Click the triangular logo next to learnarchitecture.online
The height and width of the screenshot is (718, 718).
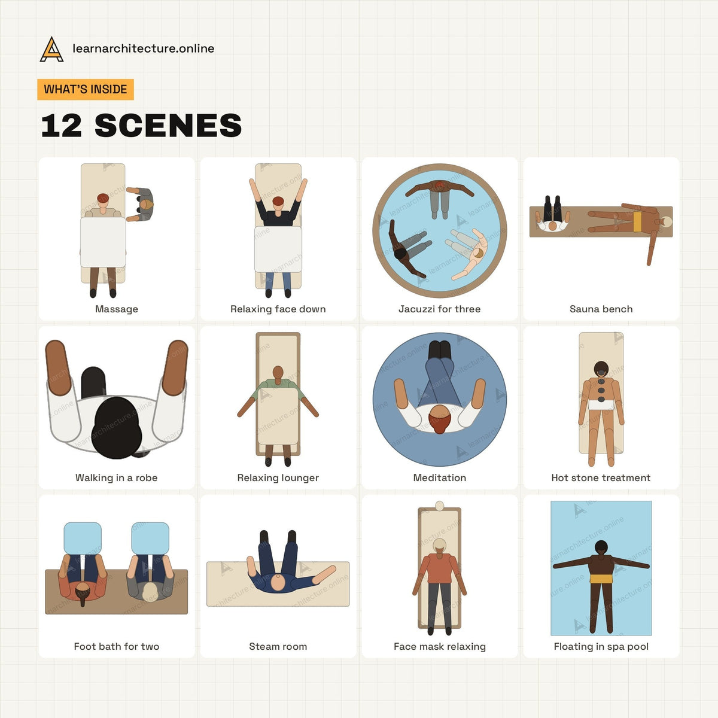[x=51, y=49]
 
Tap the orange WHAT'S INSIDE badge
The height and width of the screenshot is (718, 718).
[x=86, y=89]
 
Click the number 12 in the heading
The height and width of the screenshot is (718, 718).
[x=61, y=126]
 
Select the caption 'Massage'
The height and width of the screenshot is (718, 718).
[x=117, y=309]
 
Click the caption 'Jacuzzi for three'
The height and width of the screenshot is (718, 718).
[x=440, y=309]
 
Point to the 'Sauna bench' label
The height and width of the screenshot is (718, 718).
[x=601, y=309]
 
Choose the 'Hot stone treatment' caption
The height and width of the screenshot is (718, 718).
[x=601, y=477]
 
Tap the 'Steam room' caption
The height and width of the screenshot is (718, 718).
[x=278, y=646]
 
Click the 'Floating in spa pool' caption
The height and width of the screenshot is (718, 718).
[x=601, y=646]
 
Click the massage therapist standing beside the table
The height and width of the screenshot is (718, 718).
[x=143, y=204]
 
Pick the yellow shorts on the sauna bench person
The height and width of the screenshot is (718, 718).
[x=637, y=222]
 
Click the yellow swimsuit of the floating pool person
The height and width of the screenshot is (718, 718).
[x=601, y=579]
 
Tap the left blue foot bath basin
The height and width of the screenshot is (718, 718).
[x=83, y=538]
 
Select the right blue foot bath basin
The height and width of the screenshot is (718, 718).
[x=150, y=538]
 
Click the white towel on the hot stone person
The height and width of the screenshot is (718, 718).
[x=601, y=405]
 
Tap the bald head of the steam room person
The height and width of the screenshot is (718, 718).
[x=278, y=582]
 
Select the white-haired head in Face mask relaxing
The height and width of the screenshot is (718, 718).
[x=440, y=546]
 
